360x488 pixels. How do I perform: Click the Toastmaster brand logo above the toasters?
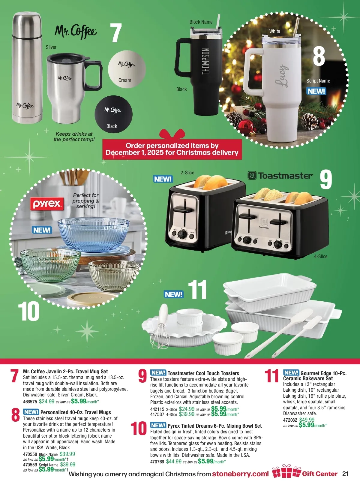click(x=280, y=176)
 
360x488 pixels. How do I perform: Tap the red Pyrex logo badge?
click(x=47, y=204)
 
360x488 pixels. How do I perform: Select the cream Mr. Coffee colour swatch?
click(x=127, y=69)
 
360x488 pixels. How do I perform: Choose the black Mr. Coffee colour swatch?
click(x=113, y=114)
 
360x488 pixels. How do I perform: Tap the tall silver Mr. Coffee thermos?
click(x=27, y=68)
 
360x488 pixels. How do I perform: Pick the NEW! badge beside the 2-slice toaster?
click(x=163, y=179)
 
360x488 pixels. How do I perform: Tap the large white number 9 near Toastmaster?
click(x=326, y=180)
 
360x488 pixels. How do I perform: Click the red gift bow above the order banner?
click(x=172, y=134)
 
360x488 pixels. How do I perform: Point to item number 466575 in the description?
click(x=30, y=402)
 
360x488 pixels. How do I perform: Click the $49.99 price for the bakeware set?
click(x=307, y=420)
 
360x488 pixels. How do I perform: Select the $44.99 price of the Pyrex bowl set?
click(x=174, y=461)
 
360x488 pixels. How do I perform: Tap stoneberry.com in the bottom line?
click(x=240, y=474)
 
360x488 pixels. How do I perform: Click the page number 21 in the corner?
click(x=345, y=474)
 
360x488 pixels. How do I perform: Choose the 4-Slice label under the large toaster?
click(x=321, y=256)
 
